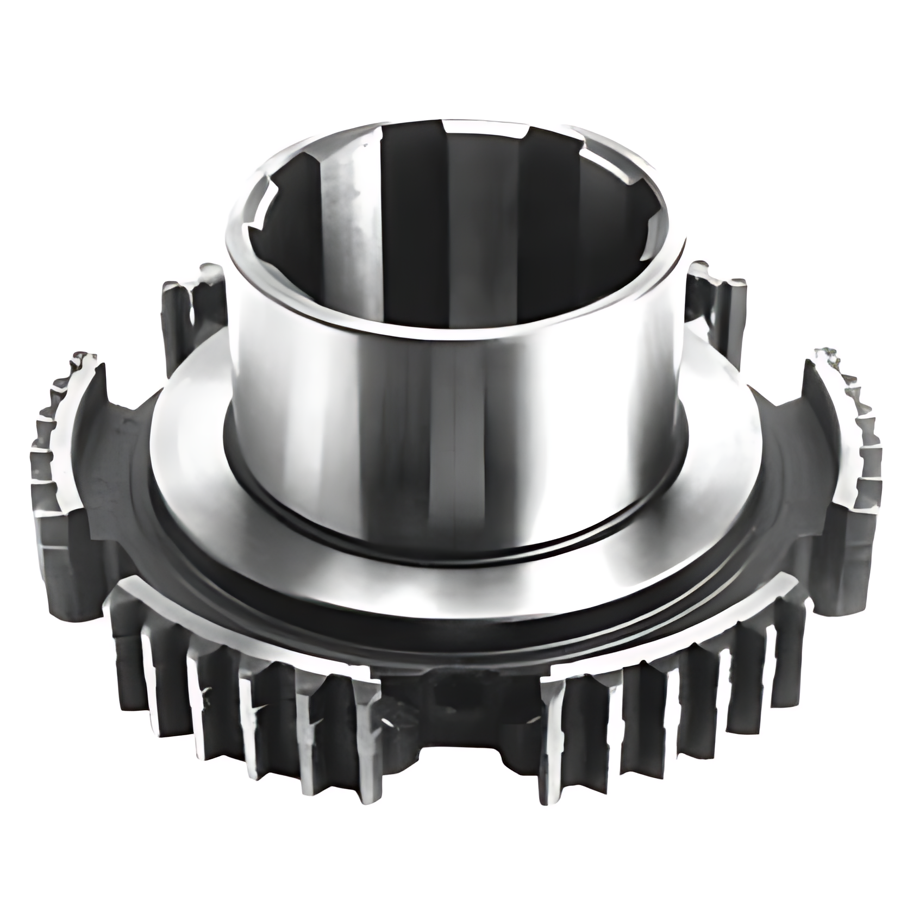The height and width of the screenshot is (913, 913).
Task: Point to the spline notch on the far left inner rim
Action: (x=260, y=217)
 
